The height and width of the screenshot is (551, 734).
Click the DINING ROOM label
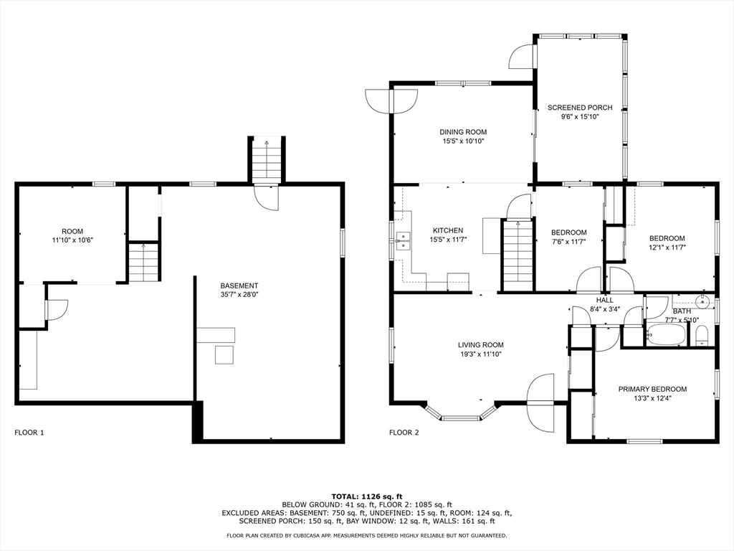(x=463, y=132)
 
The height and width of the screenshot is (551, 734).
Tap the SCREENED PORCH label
(x=580, y=108)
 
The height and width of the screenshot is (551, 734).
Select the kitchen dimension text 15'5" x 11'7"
(x=448, y=240)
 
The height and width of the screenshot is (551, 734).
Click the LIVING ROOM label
(x=480, y=345)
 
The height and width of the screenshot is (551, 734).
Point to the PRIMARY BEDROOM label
(x=652, y=390)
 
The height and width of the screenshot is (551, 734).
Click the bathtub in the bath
(x=666, y=335)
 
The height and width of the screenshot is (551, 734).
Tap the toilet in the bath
(x=701, y=336)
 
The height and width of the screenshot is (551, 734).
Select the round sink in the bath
(x=702, y=302)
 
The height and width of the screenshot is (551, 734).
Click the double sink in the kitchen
(x=402, y=242)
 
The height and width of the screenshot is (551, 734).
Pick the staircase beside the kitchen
(x=518, y=256)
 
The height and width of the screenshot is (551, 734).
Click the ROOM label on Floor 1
(x=72, y=232)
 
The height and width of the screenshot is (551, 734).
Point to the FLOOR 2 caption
(x=404, y=433)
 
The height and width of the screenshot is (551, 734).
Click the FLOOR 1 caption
(x=29, y=433)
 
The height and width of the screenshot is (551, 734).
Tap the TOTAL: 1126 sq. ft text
(x=367, y=496)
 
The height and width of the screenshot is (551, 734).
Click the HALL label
(x=605, y=301)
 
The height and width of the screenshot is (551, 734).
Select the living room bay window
(x=461, y=412)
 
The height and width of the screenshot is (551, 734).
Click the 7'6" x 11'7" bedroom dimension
(x=568, y=242)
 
